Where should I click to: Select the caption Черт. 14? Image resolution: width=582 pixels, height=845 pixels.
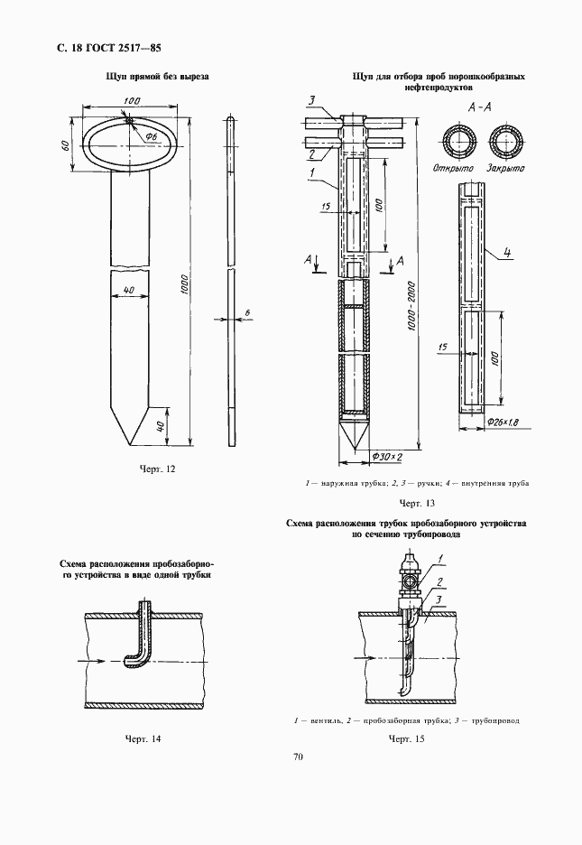coord(143,738)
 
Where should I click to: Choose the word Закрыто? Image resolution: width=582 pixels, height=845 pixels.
coord(503,170)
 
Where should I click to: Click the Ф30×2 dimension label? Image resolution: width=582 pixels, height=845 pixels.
coord(385,459)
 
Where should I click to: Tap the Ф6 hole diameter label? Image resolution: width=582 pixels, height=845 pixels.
coord(151,135)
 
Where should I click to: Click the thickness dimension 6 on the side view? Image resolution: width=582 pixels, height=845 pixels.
coord(246,312)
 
